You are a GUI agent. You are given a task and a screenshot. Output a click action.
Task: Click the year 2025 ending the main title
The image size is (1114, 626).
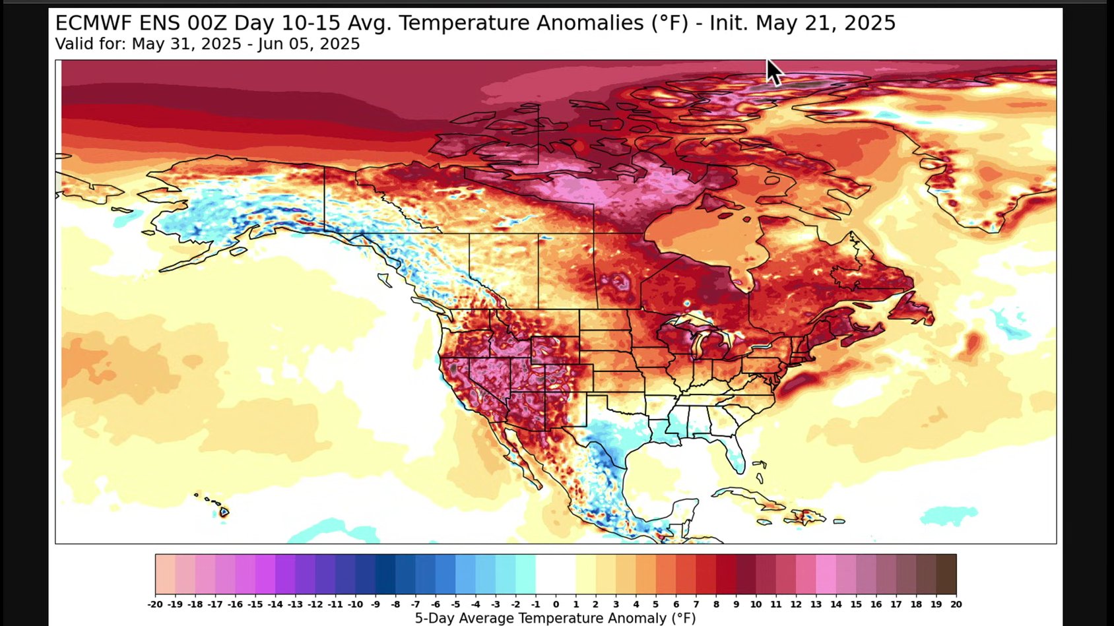click(870, 23)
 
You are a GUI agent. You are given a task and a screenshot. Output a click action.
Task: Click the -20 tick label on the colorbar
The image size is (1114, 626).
click(155, 604)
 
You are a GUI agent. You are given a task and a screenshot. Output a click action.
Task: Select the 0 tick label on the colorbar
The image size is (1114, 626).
click(556, 604)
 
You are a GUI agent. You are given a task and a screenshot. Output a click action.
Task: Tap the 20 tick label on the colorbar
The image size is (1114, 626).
click(956, 604)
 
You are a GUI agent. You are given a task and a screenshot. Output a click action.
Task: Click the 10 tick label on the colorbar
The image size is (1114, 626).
click(756, 604)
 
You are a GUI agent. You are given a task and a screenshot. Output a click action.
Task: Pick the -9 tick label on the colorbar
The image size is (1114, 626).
click(375, 604)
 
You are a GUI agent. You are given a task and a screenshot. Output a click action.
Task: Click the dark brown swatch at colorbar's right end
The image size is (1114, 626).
click(946, 575)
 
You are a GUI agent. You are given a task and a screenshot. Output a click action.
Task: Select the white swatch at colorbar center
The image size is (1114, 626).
click(556, 575)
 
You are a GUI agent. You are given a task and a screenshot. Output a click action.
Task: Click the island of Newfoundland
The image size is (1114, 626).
click(914, 307)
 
